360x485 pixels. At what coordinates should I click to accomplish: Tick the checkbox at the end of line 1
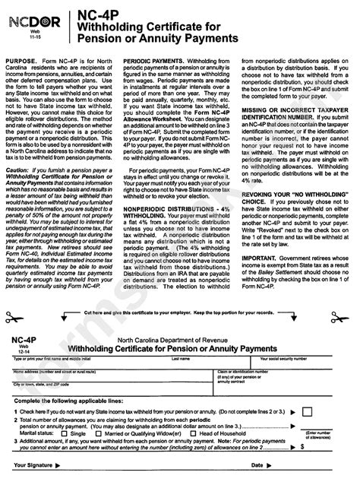coord(306,411)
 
